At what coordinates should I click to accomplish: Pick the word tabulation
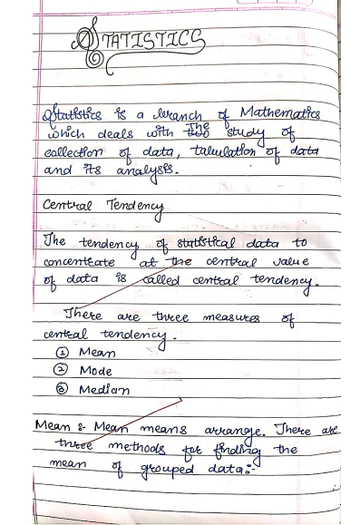point(220,151)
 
